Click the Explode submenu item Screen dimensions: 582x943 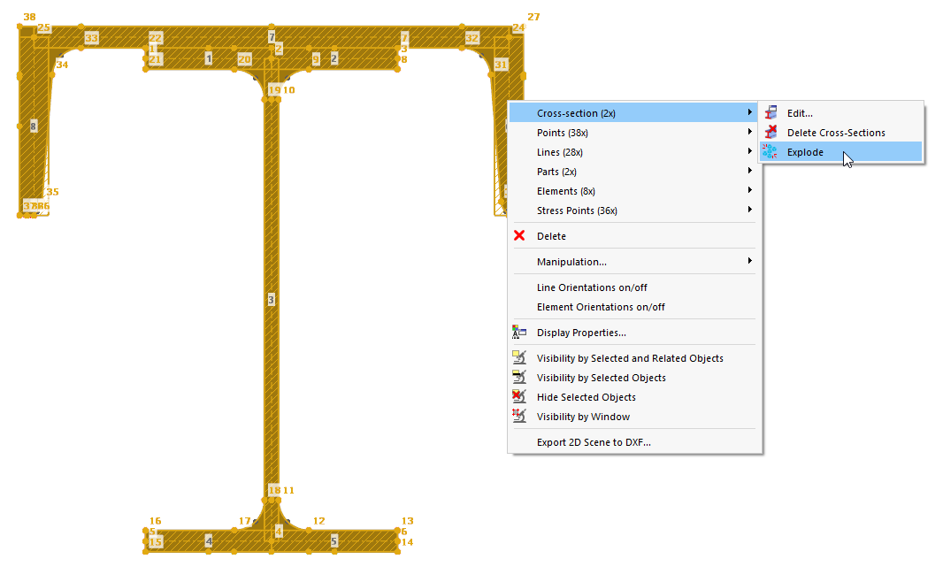805,152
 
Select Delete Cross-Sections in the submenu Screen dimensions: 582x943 835,133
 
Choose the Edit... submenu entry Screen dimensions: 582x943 799,113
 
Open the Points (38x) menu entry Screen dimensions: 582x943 562,133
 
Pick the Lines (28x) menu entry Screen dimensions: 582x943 559,152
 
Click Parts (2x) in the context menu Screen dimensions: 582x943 556,172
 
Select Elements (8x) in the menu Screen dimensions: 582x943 565,191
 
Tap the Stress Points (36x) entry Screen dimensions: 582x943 576,211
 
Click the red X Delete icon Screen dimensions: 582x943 520,236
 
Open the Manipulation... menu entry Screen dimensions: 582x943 571,262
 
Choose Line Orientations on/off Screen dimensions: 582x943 591,287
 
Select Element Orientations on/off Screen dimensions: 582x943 600,307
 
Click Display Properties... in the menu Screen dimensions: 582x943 580,333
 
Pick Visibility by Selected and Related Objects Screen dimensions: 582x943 629,358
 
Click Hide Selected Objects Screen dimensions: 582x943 586,397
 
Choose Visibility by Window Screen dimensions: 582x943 583,417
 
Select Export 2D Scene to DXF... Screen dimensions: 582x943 593,442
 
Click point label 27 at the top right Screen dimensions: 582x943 533,17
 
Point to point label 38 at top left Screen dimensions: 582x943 29,17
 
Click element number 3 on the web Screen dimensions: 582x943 272,301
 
